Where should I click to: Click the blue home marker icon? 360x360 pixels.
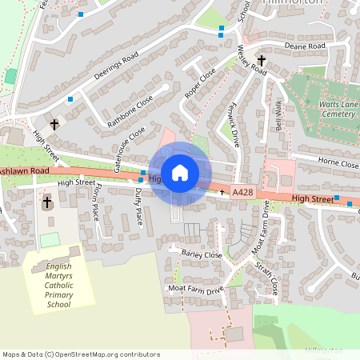tap(180, 172)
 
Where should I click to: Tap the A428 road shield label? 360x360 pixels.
tap(243, 193)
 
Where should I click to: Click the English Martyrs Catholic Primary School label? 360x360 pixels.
tap(58, 285)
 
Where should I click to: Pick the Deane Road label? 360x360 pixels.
tap(306, 47)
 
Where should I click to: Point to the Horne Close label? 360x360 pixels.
tap(338, 163)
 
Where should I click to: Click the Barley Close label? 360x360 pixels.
tap(201, 254)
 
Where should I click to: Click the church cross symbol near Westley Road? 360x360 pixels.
tap(261, 60)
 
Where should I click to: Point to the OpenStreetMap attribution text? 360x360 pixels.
tap(81, 354)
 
